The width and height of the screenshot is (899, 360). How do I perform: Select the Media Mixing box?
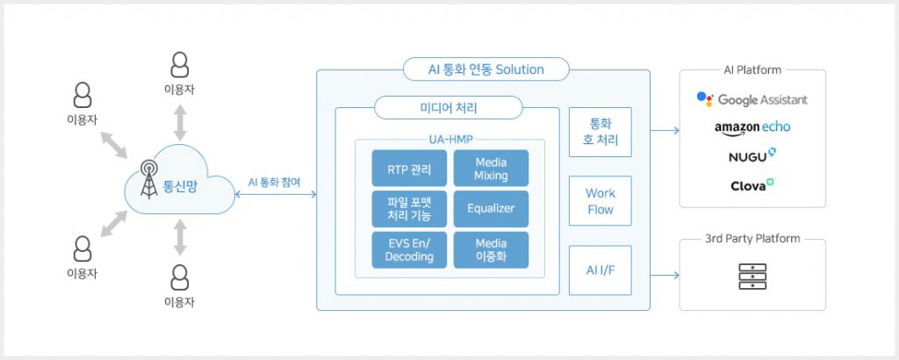pyautogui.click(x=491, y=169)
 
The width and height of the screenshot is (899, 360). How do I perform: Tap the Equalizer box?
pyautogui.click(x=491, y=209)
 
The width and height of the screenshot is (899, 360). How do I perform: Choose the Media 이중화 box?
pyautogui.click(x=491, y=249)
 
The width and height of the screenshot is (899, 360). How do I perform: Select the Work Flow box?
pyautogui.click(x=601, y=201)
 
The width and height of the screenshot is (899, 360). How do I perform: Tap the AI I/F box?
pyautogui.click(x=601, y=270)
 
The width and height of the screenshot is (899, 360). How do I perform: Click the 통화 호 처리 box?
pyautogui.click(x=601, y=132)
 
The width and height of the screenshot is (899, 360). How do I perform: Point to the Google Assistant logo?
pyautogui.click(x=752, y=99)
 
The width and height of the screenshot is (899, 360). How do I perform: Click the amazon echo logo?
pyautogui.click(x=752, y=127)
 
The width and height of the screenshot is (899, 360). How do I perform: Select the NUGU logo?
pyautogui.click(x=752, y=156)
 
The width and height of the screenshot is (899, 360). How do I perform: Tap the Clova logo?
pyautogui.click(x=752, y=185)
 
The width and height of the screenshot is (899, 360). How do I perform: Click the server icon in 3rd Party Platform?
pyautogui.click(x=752, y=276)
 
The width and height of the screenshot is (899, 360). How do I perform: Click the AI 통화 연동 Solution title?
pyautogui.click(x=486, y=69)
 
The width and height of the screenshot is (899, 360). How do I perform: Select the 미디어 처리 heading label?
pyautogui.click(x=448, y=108)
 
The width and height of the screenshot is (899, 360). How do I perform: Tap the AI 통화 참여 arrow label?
pyautogui.click(x=274, y=183)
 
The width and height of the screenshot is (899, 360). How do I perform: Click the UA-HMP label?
pyautogui.click(x=449, y=139)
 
